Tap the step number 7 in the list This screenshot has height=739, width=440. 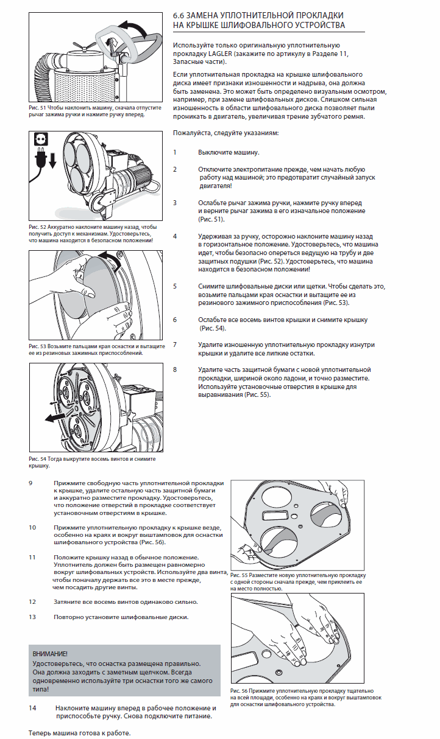pyautogui.click(x=175, y=345)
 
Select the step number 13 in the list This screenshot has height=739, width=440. pyautogui.click(x=33, y=617)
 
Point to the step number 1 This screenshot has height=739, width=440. pyautogui.click(x=175, y=152)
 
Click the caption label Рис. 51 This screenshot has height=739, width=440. pyautogui.click(x=37, y=107)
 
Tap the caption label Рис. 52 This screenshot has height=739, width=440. pyautogui.click(x=37, y=226)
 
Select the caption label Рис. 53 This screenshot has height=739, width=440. pyautogui.click(x=37, y=346)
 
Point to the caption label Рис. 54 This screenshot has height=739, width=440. pyautogui.click(x=37, y=458)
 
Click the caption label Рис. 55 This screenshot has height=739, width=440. pyautogui.click(x=239, y=575)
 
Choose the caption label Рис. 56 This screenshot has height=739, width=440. pyautogui.click(x=239, y=692)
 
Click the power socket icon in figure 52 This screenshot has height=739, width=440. pyautogui.click(x=42, y=139)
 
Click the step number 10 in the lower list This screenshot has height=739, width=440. pyautogui.click(x=33, y=527)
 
